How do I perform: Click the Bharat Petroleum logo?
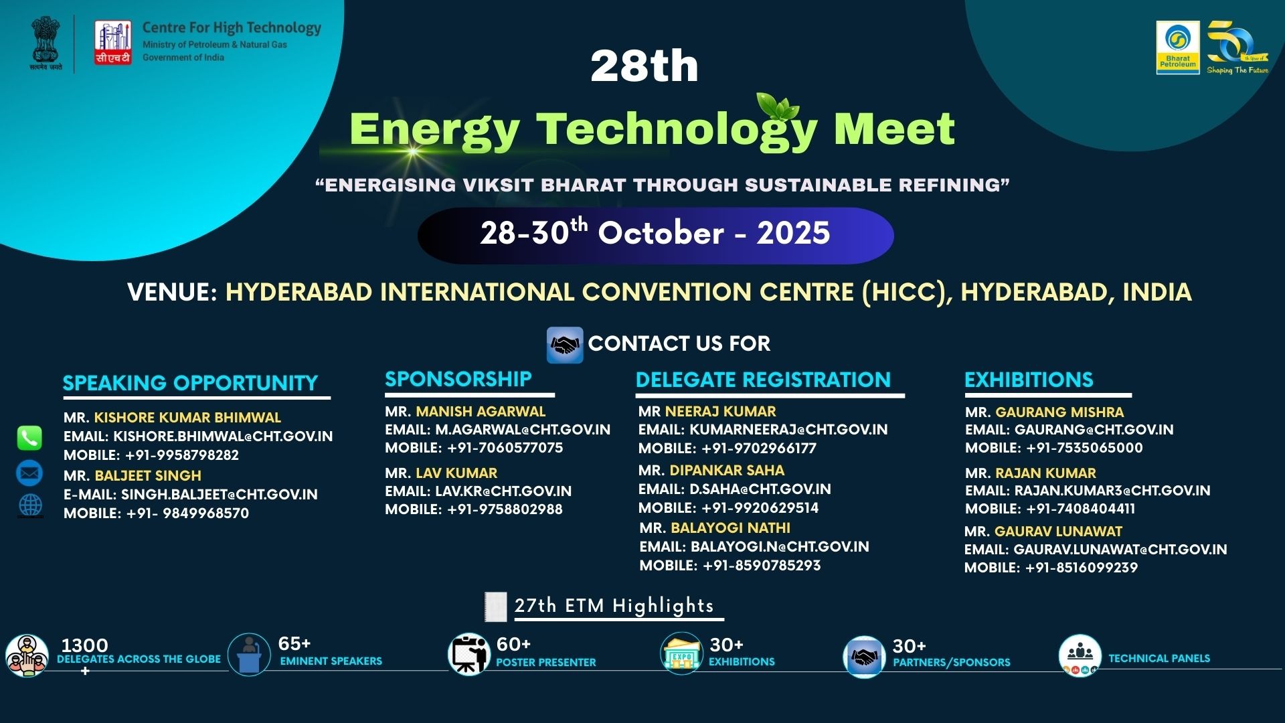click(x=1178, y=47)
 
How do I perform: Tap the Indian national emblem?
click(x=46, y=44)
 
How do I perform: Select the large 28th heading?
click(x=645, y=66)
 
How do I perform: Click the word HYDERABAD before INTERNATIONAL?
click(x=298, y=292)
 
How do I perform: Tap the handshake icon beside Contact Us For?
click(x=565, y=345)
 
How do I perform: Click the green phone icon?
click(x=29, y=438)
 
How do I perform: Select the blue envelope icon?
click(x=29, y=473)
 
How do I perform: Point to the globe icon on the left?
click(x=30, y=505)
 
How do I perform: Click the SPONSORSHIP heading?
click(x=458, y=379)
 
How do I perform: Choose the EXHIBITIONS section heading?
click(x=1029, y=380)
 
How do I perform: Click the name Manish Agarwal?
click(x=481, y=411)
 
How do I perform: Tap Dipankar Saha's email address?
click(x=760, y=489)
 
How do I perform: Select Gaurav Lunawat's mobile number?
click(x=1082, y=568)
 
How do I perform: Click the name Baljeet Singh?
click(x=148, y=475)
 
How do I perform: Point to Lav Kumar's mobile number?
click(x=505, y=509)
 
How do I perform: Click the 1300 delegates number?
click(x=84, y=645)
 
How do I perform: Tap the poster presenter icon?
click(x=468, y=654)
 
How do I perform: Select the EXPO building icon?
click(x=682, y=653)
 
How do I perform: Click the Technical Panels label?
click(x=1159, y=658)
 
